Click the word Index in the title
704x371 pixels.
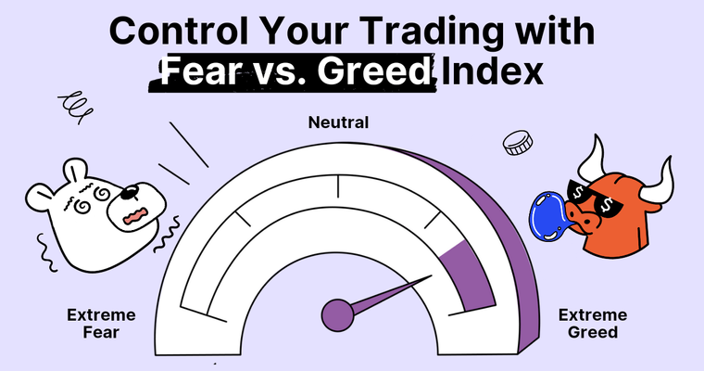(491, 71)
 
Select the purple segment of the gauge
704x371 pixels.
(463, 269)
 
